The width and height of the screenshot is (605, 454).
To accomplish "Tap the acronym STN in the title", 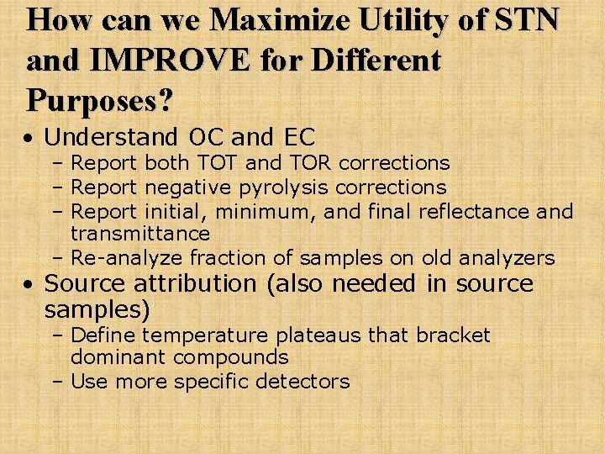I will coord(527,19).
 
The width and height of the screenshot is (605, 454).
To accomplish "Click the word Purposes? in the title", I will coord(100,100).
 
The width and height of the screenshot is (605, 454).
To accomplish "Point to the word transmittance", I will coord(140,233).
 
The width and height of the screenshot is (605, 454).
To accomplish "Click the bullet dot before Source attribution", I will coord(29,285).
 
